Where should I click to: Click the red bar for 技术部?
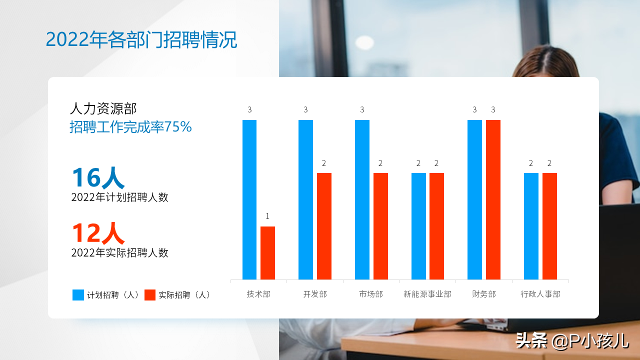(267, 253)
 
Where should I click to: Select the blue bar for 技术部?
(249, 199)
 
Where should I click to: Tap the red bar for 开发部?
(324, 226)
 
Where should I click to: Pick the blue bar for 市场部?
(362, 199)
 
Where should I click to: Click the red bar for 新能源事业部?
(437, 226)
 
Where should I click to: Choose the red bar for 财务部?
(493, 199)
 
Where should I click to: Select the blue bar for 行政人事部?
(531, 226)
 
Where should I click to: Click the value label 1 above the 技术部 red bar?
(267, 216)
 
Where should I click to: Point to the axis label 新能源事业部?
(427, 294)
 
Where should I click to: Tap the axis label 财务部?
(483, 294)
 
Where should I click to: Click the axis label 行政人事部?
(540, 294)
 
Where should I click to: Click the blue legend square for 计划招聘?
(78, 295)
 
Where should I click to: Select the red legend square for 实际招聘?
(150, 295)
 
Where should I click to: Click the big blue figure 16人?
(98, 177)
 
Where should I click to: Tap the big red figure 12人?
(98, 233)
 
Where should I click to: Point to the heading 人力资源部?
(103, 108)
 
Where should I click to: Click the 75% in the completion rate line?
(178, 127)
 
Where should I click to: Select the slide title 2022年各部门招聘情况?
(141, 39)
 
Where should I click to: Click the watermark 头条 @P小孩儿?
(572, 341)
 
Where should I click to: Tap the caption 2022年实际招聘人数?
(119, 253)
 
